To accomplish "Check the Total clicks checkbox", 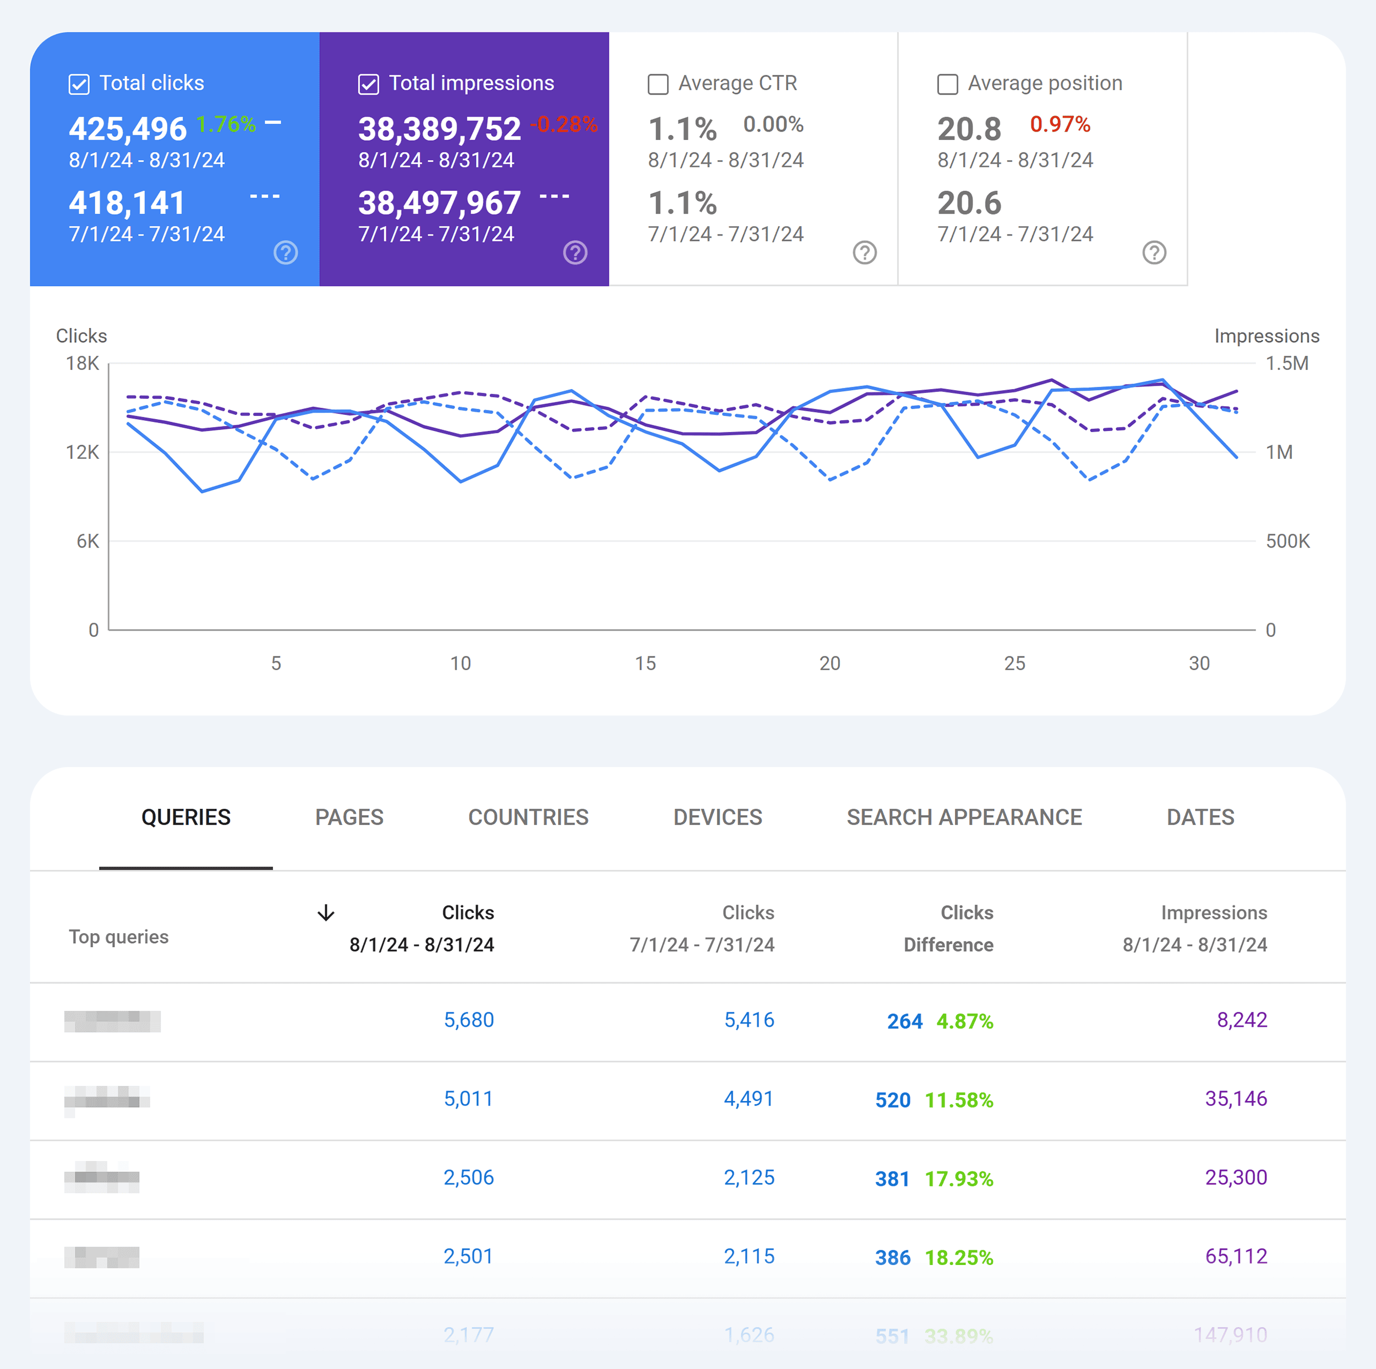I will (x=79, y=84).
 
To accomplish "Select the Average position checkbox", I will (x=947, y=84).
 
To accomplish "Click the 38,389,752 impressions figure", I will (x=439, y=129).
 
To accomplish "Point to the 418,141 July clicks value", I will (x=127, y=203).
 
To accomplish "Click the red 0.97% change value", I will (x=1059, y=124).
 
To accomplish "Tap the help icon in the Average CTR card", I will (x=864, y=252).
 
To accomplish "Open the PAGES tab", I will (x=349, y=817).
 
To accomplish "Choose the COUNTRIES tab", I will (x=528, y=817).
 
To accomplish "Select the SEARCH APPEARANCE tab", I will (x=964, y=817).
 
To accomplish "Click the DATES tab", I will (x=1200, y=817).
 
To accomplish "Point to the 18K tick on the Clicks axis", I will (x=83, y=363).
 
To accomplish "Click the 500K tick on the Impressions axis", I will (x=1287, y=541).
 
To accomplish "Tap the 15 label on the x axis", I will (x=645, y=664).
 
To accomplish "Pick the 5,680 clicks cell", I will (x=468, y=1020).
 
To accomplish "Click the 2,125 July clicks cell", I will (x=749, y=1178).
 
